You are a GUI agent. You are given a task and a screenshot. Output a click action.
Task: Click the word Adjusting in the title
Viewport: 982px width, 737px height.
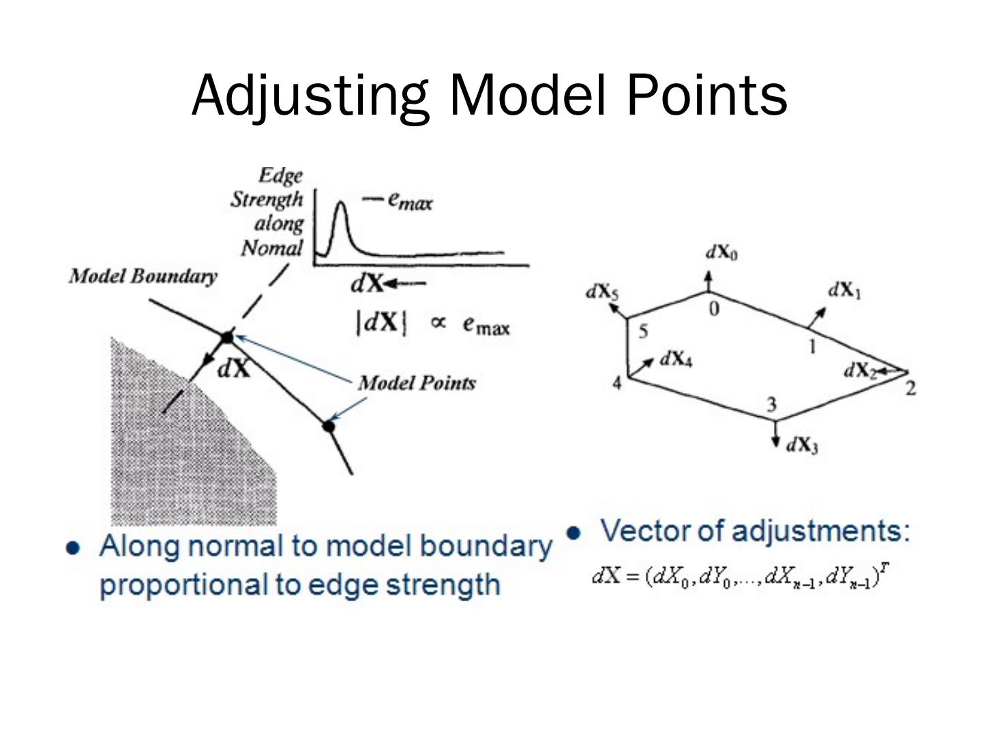[x=310, y=96]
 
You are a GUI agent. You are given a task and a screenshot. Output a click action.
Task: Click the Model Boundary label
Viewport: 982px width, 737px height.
[x=143, y=276]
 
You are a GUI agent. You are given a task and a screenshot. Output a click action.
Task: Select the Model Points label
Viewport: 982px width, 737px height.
[x=417, y=383]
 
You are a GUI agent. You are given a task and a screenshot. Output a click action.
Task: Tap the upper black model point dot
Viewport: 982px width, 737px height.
[x=227, y=337]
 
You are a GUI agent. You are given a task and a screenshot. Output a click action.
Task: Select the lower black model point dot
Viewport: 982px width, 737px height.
[x=329, y=427]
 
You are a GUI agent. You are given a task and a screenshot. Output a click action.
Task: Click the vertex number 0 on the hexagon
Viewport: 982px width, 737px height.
[x=713, y=309]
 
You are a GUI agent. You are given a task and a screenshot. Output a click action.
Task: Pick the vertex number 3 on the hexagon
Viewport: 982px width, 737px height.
[x=771, y=405]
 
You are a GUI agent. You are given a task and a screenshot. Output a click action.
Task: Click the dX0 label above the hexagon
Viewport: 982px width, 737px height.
[x=721, y=253]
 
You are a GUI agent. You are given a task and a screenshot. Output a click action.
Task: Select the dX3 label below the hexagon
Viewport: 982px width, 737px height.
[x=802, y=446]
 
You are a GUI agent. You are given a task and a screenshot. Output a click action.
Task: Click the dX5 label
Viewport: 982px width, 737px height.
[x=602, y=292]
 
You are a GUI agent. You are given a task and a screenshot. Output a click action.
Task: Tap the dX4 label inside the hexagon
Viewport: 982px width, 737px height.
[x=676, y=359]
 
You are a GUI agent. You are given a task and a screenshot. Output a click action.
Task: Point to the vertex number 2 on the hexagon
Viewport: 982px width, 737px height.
[x=910, y=389]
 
